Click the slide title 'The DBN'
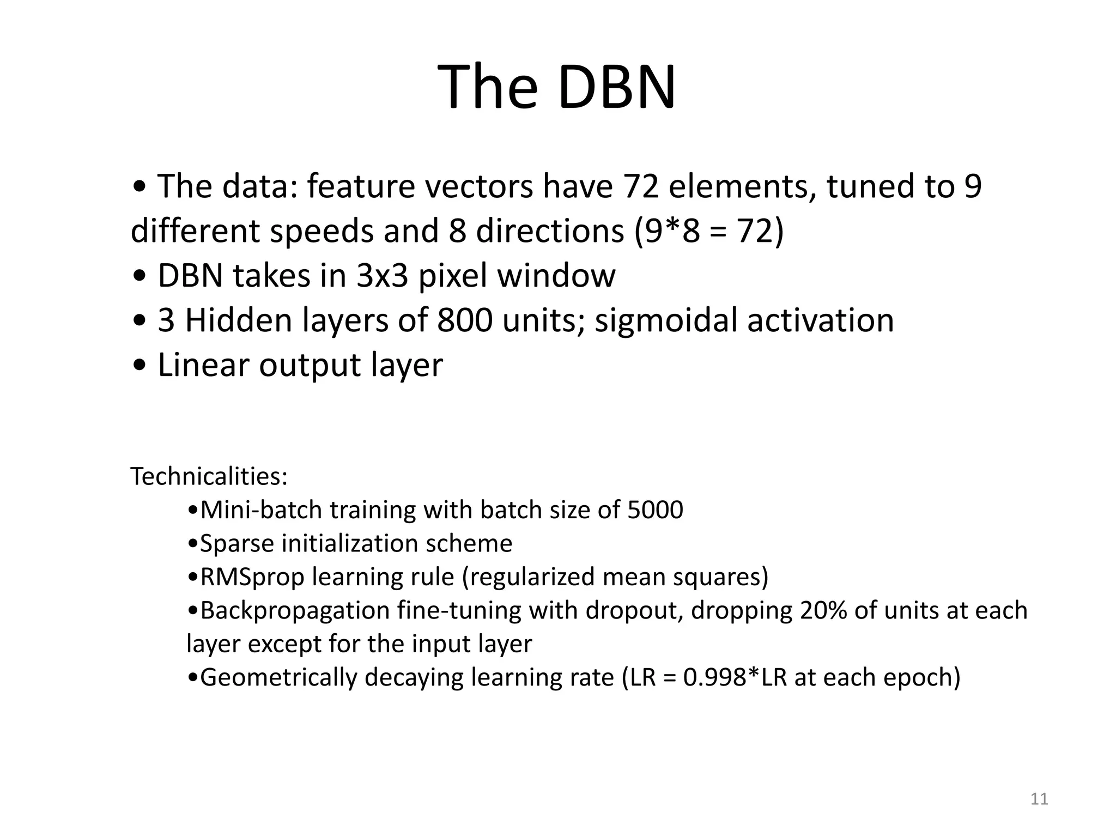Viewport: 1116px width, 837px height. click(x=556, y=87)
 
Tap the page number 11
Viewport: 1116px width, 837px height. click(x=1039, y=799)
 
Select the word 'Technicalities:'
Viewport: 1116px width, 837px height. click(x=209, y=477)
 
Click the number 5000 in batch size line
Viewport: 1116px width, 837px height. click(x=655, y=510)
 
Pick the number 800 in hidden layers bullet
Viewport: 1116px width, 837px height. click(x=464, y=320)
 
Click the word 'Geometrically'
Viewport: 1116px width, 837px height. click(x=278, y=677)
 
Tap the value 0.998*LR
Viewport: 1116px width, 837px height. click(x=735, y=677)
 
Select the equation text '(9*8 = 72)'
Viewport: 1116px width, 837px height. click(x=709, y=231)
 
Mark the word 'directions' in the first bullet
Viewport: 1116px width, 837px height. click(x=550, y=231)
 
